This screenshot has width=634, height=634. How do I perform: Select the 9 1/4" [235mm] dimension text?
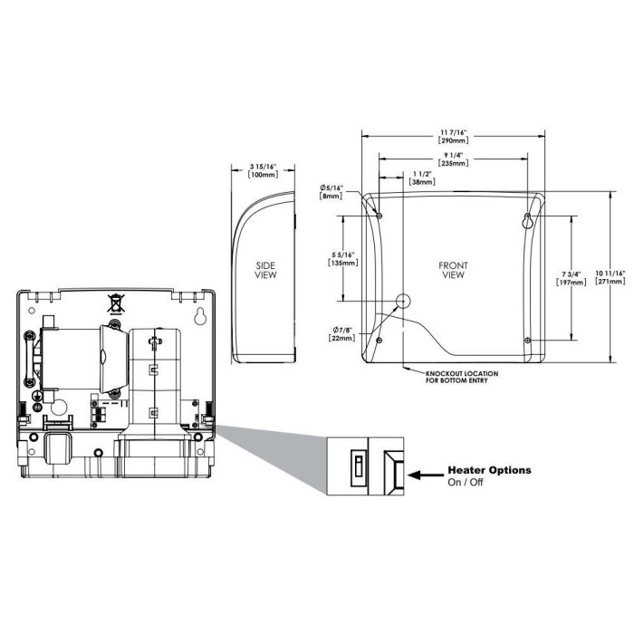(x=453, y=159)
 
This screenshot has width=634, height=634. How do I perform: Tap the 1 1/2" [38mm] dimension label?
(x=421, y=178)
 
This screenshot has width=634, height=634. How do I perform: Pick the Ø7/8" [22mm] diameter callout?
(x=341, y=332)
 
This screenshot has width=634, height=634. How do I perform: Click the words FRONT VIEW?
(x=453, y=270)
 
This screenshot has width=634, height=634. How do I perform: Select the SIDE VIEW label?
(x=265, y=269)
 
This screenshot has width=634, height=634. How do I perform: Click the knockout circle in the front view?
(x=405, y=301)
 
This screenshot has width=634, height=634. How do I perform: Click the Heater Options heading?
(x=490, y=470)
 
